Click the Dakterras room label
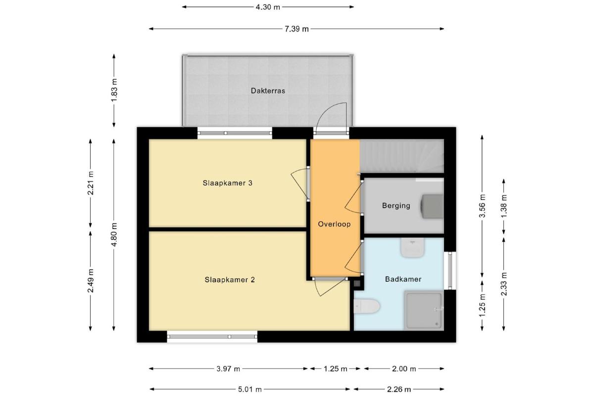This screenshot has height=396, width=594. (268, 91)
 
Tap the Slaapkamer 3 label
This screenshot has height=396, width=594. (227, 183)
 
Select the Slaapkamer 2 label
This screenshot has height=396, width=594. (230, 280)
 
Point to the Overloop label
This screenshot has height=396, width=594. (334, 224)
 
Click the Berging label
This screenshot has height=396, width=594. (396, 205)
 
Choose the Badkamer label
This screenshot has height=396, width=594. (403, 279)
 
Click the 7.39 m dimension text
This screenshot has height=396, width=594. (297, 29)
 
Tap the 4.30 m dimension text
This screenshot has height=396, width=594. (268, 7)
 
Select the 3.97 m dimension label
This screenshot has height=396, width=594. (228, 369)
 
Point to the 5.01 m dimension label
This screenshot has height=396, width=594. (249, 390)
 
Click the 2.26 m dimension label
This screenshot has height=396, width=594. (399, 390)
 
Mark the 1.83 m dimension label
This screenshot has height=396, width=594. (114, 90)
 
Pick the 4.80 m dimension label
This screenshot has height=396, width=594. (114, 235)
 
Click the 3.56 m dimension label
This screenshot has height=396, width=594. (482, 206)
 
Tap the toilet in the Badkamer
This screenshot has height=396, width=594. (367, 306)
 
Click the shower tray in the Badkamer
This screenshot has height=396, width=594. (424, 310)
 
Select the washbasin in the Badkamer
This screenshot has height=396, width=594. (412, 247)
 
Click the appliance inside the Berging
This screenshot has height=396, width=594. (432, 206)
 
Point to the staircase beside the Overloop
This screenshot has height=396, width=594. (402, 156)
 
